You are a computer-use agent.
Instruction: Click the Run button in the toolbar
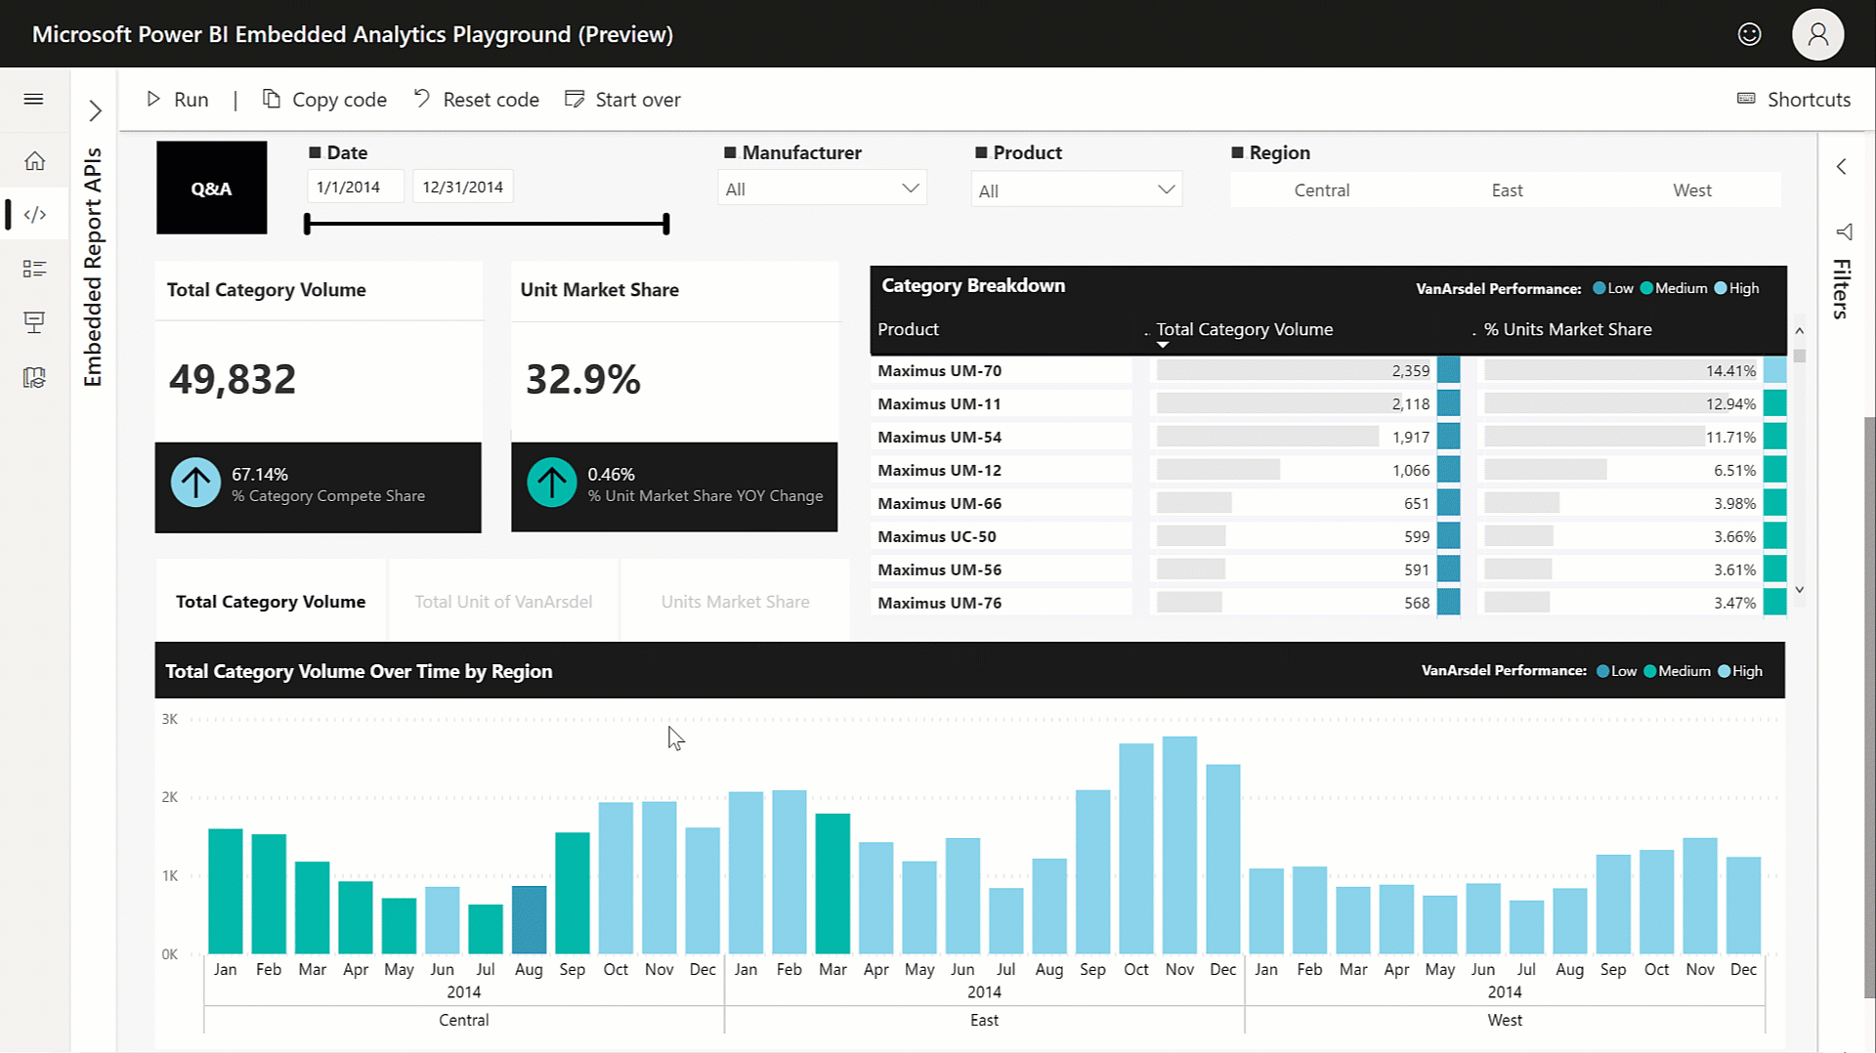coord(178,100)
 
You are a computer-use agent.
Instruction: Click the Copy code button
coord(325,100)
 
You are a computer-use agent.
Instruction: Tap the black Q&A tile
coord(211,188)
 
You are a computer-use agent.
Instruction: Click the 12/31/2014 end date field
coord(462,187)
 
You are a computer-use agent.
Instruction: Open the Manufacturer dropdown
coord(822,189)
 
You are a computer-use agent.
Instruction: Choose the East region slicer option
coord(1506,190)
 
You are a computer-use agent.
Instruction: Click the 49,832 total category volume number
coord(233,379)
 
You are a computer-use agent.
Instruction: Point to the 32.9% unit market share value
coord(583,379)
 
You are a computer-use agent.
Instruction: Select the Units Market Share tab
coord(735,602)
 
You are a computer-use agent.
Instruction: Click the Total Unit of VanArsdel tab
coord(503,602)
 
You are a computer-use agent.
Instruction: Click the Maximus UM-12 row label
coord(939,470)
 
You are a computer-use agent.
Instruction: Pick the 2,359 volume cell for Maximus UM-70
coord(1410,371)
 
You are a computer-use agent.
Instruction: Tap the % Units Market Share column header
coord(1567,329)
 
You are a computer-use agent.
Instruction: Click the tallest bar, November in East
coord(1179,845)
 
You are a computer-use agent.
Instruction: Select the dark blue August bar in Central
coord(529,919)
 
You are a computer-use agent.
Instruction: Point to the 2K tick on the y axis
coord(170,797)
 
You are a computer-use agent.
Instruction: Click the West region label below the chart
coord(1504,1020)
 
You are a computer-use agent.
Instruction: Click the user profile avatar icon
coord(1816,34)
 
